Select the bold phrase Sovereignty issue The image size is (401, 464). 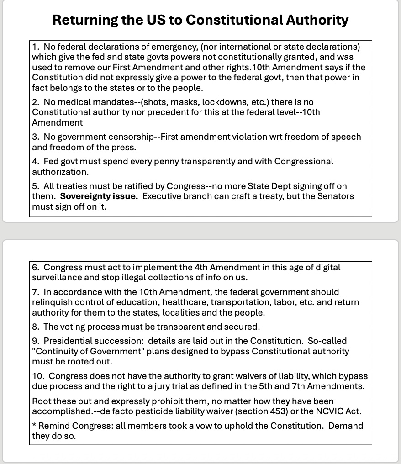99,196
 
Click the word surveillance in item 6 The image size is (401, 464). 57,278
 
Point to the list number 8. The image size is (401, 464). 35,327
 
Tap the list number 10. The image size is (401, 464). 37,376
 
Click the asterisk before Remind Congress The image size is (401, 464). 34,426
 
